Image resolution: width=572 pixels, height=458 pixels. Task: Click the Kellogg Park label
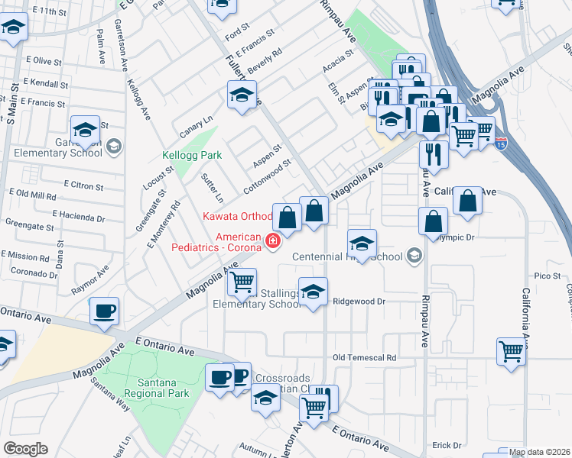click(192, 155)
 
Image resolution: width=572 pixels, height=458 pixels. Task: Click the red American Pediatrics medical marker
click(271, 242)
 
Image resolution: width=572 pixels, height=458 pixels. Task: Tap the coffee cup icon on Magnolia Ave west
click(104, 311)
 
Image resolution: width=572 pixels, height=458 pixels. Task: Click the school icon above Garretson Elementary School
click(86, 130)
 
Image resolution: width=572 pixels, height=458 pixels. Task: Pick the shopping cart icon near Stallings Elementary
click(242, 282)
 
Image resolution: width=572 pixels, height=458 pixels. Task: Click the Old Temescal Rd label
click(365, 357)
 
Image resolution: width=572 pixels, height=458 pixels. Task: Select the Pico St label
click(548, 276)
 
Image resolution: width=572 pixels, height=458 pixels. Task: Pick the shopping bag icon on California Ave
click(468, 202)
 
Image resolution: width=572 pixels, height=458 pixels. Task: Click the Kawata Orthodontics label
click(237, 217)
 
